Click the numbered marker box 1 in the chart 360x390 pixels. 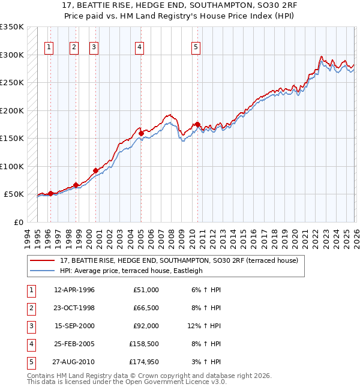(x=48, y=47)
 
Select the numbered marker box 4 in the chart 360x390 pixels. (x=139, y=47)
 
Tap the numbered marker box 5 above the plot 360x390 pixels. (x=196, y=47)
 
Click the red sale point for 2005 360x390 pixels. (x=141, y=133)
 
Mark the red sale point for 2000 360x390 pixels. (x=95, y=170)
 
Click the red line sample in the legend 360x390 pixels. (x=42, y=260)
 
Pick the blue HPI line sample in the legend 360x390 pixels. (x=42, y=271)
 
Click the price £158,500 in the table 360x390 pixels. (x=143, y=344)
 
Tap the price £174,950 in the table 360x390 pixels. (x=143, y=362)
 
